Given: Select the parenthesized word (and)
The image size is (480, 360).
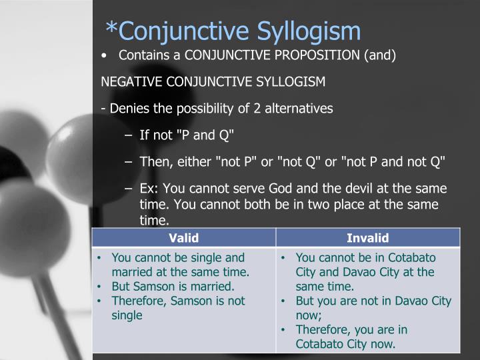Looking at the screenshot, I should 380,55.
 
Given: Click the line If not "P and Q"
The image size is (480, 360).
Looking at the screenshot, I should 187,135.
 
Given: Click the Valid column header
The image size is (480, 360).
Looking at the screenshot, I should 184,237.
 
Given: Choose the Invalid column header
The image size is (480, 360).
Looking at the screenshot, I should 367,237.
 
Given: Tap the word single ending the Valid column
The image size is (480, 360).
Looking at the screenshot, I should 127,315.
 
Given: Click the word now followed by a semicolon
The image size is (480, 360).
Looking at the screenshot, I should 307,315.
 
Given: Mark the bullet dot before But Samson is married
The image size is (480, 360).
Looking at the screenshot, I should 99,287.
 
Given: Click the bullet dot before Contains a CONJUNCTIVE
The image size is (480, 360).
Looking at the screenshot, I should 104,55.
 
